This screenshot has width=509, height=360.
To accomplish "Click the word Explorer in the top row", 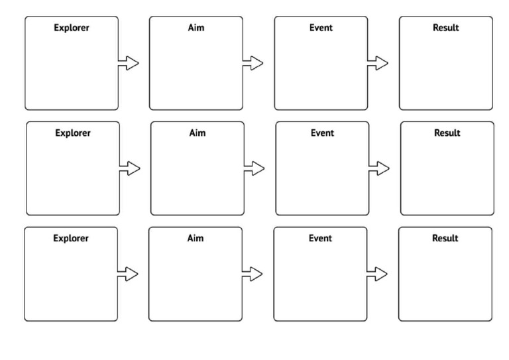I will pos(72,28).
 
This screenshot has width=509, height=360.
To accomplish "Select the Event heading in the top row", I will pos(321,28).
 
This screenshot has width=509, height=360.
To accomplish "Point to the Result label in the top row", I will pos(445,28).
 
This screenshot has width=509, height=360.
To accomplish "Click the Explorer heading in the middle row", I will pos(73,133).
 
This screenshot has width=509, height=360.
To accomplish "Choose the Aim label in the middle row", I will pos(198,133).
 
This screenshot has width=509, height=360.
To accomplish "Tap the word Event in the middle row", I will pos(322,133).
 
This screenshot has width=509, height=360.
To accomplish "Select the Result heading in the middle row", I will pos(447,133).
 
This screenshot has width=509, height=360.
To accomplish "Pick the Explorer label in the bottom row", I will pos(71,238).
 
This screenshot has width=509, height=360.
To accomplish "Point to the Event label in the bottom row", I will pos(320,238).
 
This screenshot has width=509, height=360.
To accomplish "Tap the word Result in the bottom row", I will pos(445,238).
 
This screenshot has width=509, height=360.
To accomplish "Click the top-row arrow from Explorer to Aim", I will pos(129,63).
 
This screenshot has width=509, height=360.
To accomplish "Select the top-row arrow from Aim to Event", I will pos(253,63).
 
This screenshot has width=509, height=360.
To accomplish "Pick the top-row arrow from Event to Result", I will pos(378,63).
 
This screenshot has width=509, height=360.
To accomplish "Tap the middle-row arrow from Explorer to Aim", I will pos(130,168).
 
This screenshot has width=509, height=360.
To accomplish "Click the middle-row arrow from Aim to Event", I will pos(254,168).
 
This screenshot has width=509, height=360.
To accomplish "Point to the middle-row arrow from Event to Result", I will pos(379,168).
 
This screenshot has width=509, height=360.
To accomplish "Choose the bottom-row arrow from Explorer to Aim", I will pos(128,273).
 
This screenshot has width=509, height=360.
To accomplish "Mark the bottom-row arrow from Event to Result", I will pos(377,273).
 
